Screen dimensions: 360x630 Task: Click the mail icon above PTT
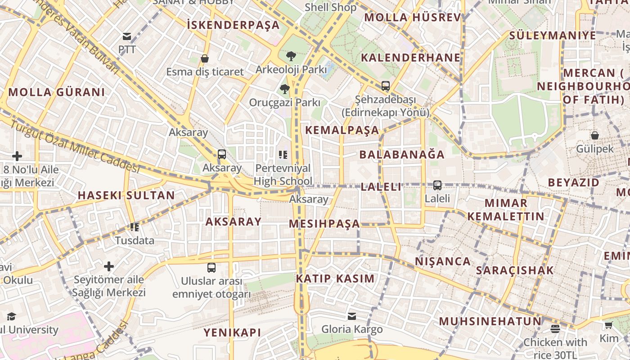click(x=127, y=36)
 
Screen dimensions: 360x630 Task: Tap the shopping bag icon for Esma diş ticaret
click(x=205, y=58)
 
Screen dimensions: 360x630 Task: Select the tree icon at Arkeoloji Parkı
click(x=291, y=56)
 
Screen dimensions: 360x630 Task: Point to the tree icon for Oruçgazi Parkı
click(x=284, y=89)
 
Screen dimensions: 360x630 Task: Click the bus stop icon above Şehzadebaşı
click(x=385, y=85)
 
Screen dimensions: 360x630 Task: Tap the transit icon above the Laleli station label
click(x=437, y=185)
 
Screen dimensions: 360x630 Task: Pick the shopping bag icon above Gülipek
click(x=594, y=135)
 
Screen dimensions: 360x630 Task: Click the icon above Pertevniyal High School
click(x=283, y=155)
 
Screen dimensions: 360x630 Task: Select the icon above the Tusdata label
click(x=134, y=227)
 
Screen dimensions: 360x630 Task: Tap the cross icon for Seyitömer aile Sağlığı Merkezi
click(x=109, y=266)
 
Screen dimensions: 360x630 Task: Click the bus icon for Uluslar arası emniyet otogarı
click(x=211, y=268)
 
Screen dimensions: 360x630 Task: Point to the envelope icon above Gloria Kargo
click(x=351, y=316)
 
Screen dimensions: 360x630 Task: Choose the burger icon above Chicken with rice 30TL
click(x=555, y=329)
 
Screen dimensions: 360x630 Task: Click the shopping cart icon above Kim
click(x=609, y=325)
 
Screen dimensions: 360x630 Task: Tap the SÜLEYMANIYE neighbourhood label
click(x=553, y=36)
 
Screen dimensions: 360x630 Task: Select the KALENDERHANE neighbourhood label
click(x=411, y=58)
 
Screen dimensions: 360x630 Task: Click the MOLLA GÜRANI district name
click(x=57, y=92)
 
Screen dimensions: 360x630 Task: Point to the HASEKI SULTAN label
click(x=126, y=195)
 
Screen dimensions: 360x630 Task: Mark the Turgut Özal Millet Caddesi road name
click(x=74, y=146)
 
